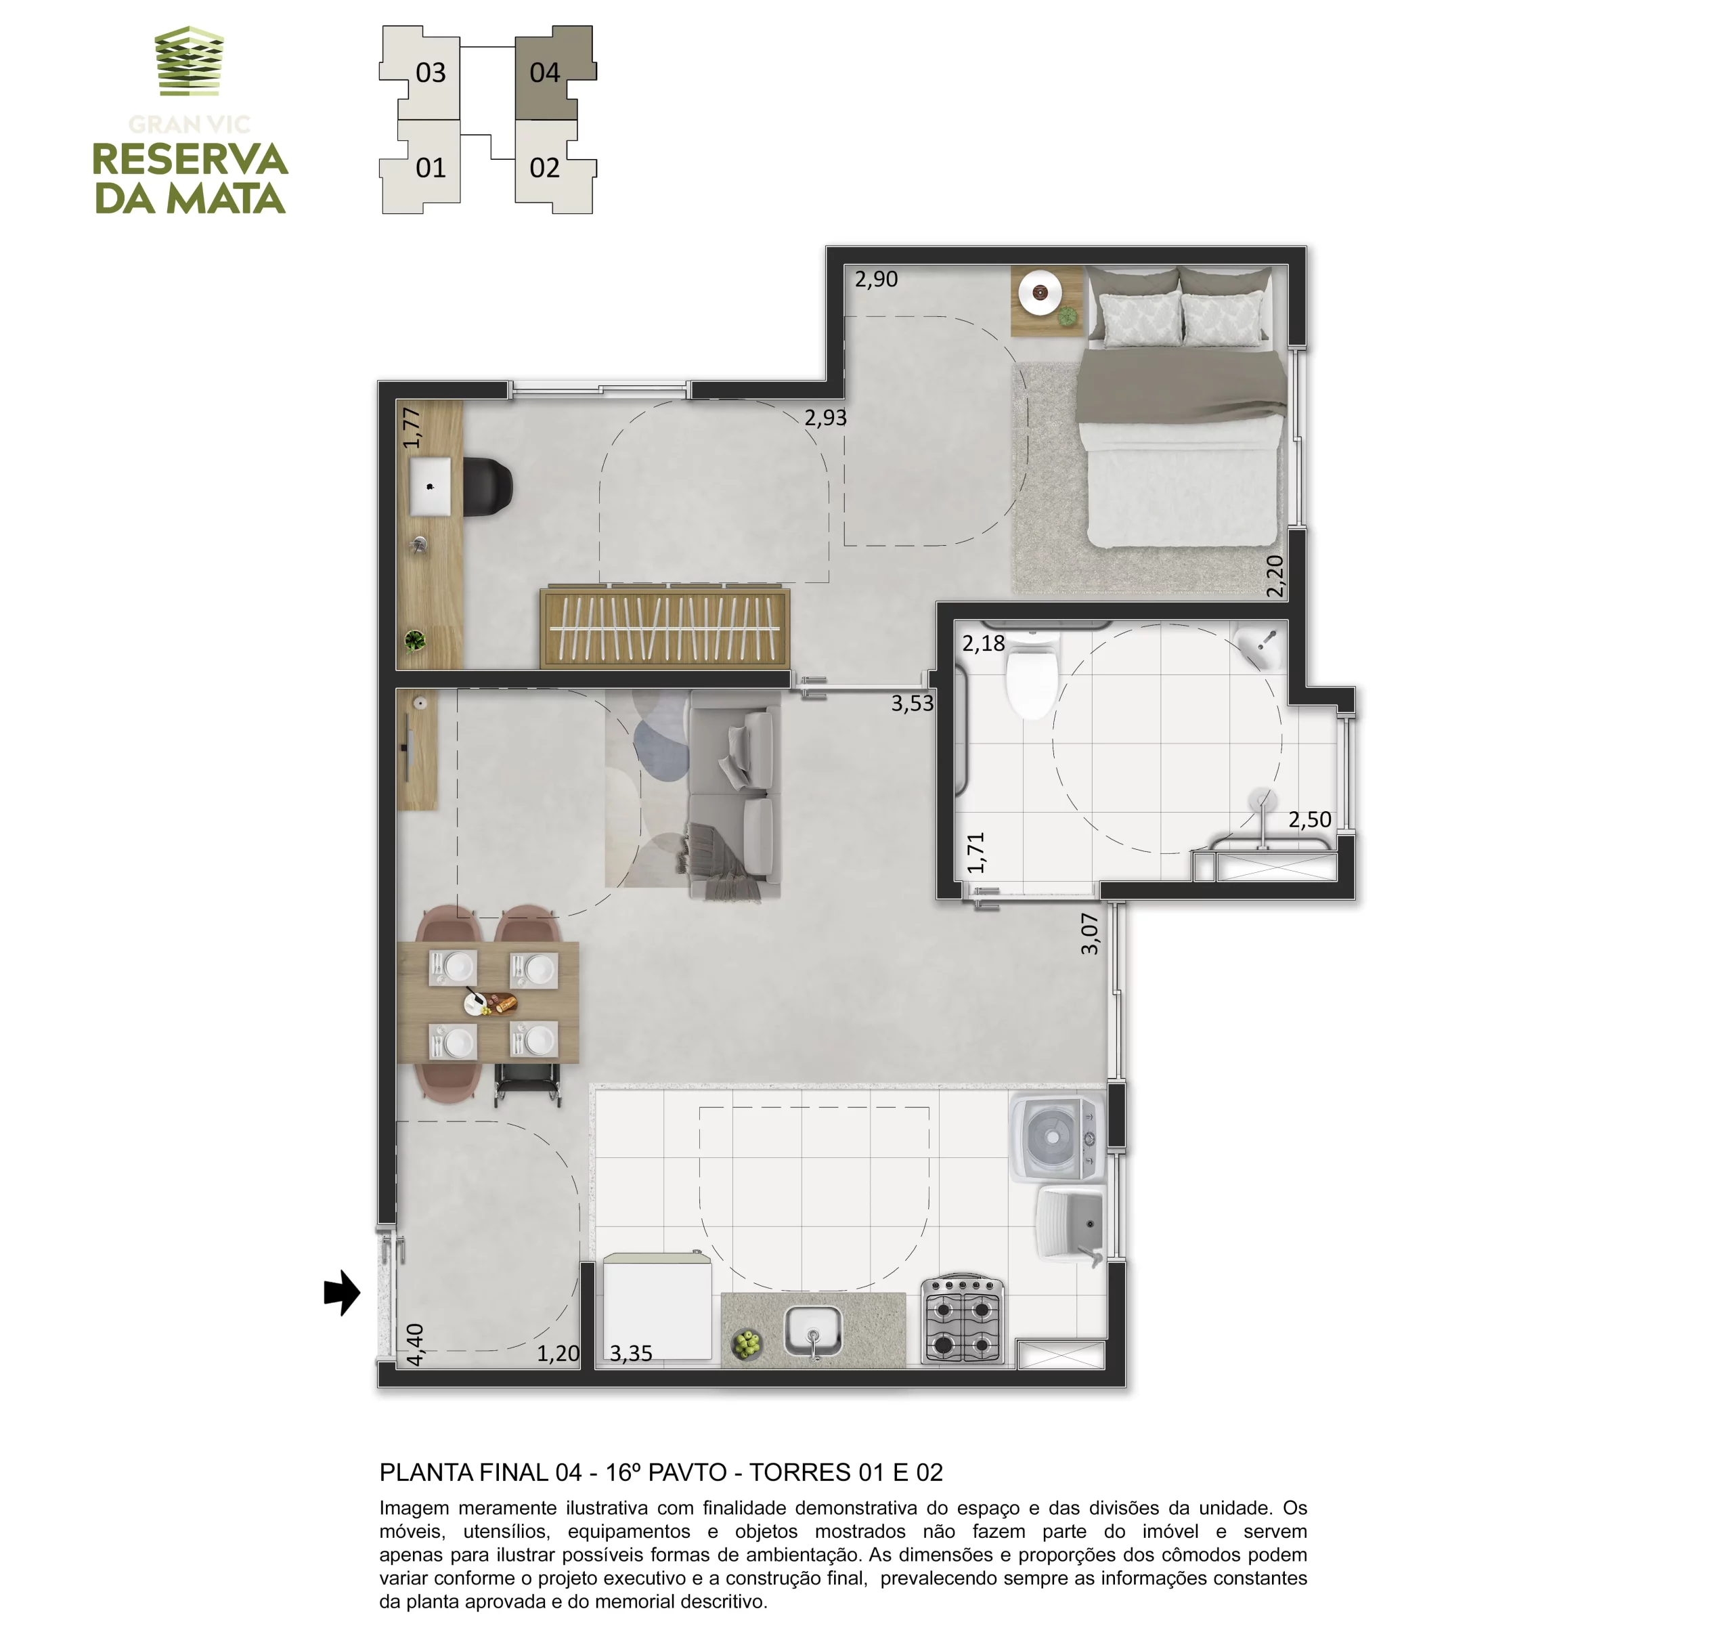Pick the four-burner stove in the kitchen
[x=963, y=1321]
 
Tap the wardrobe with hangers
[x=665, y=628]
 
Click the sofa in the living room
[x=734, y=794]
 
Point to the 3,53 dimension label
[x=912, y=703]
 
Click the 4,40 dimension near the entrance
[x=415, y=1345]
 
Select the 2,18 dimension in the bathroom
[x=984, y=643]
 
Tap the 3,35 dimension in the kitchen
[x=630, y=1353]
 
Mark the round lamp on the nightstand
[x=1039, y=292]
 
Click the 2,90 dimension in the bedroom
[x=876, y=279]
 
